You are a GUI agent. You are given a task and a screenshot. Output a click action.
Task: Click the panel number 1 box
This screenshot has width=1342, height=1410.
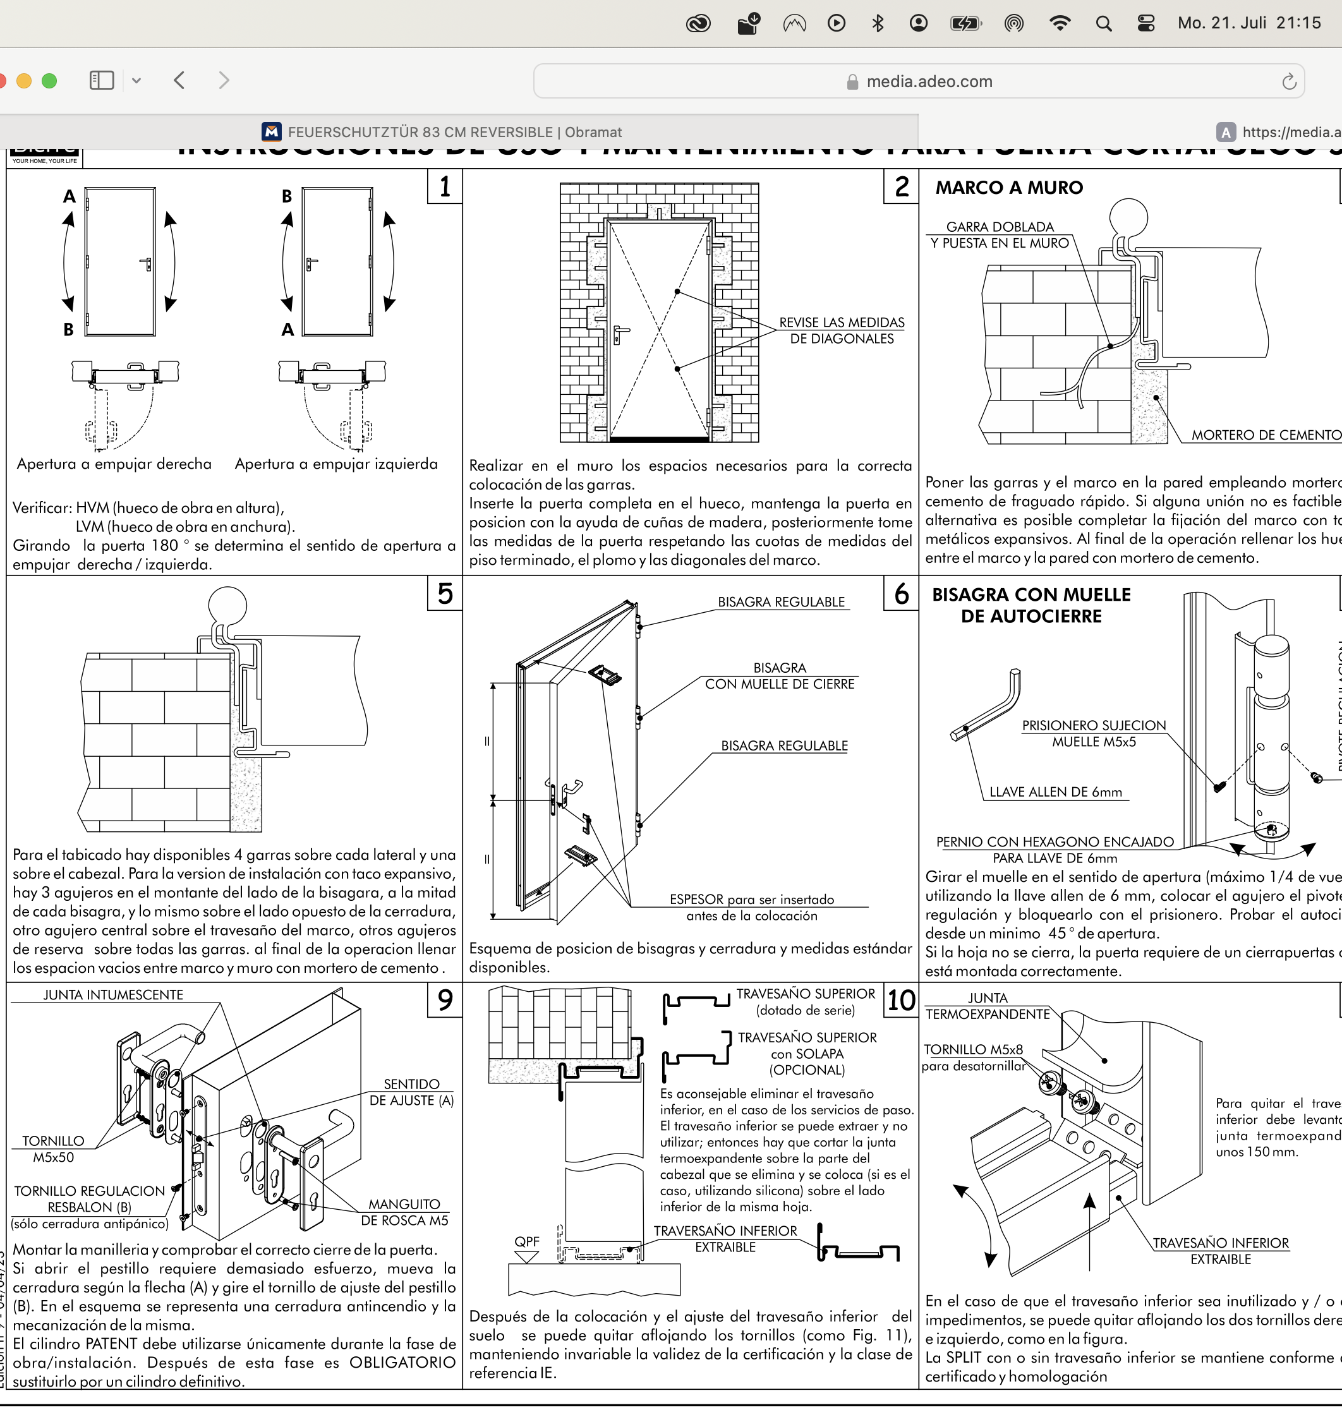445,187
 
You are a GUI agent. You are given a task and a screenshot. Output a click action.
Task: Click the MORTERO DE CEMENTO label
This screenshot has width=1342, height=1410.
1265,435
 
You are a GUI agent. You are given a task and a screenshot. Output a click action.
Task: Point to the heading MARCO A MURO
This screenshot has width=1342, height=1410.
1008,188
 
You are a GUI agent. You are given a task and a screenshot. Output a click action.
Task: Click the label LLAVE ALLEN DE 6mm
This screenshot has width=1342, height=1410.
1055,792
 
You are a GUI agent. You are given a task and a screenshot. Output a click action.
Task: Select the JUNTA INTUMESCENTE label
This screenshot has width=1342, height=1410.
113,994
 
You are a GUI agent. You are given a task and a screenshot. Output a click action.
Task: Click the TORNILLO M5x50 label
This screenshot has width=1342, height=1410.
53,1149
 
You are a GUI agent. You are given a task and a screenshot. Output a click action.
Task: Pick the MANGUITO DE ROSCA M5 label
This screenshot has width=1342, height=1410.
404,1212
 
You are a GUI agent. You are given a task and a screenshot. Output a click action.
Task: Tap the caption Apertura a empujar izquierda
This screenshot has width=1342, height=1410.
336,464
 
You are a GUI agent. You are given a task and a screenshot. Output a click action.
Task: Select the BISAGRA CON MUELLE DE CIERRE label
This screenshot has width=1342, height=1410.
780,676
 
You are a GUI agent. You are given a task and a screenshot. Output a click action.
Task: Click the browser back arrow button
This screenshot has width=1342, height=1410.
179,80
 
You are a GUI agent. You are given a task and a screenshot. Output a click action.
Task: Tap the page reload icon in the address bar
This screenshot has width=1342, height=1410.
1288,81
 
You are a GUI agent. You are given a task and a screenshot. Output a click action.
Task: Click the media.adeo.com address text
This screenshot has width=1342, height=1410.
929,81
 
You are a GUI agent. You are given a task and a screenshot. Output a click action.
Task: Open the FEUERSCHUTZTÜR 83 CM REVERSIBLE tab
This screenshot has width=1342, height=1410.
454,132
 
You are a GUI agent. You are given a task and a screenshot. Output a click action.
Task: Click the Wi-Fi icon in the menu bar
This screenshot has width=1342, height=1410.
1059,23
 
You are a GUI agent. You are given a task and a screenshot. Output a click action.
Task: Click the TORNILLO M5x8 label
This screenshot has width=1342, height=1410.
973,1049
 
